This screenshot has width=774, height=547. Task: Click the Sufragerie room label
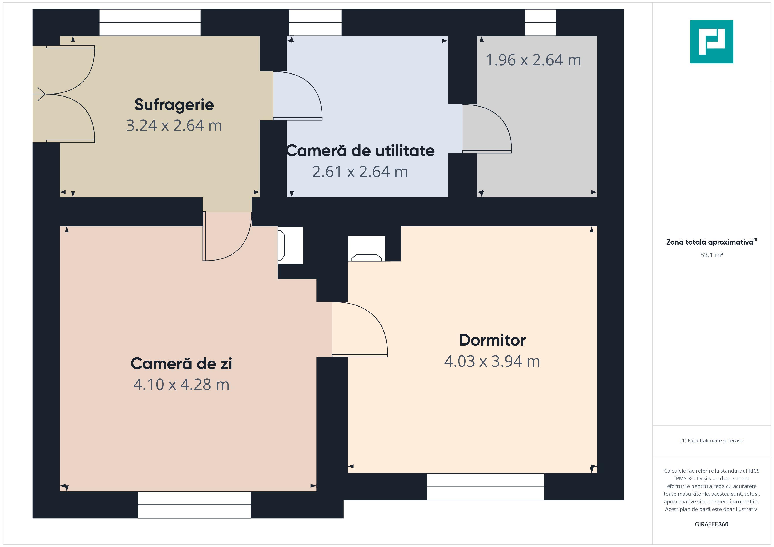(174, 105)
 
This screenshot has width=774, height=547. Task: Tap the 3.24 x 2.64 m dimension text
(174, 126)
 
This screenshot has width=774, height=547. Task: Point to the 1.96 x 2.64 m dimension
(533, 60)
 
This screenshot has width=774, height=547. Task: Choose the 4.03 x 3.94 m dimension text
(492, 361)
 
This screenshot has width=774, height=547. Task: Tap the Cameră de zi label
(181, 364)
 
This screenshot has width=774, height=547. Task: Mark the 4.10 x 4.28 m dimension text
(181, 385)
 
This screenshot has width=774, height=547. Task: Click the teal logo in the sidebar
(712, 42)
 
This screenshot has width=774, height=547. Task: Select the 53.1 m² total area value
(712, 255)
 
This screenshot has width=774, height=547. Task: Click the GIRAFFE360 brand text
(712, 524)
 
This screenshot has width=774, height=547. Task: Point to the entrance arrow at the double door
(39, 94)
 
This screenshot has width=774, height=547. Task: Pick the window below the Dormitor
(486, 487)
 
